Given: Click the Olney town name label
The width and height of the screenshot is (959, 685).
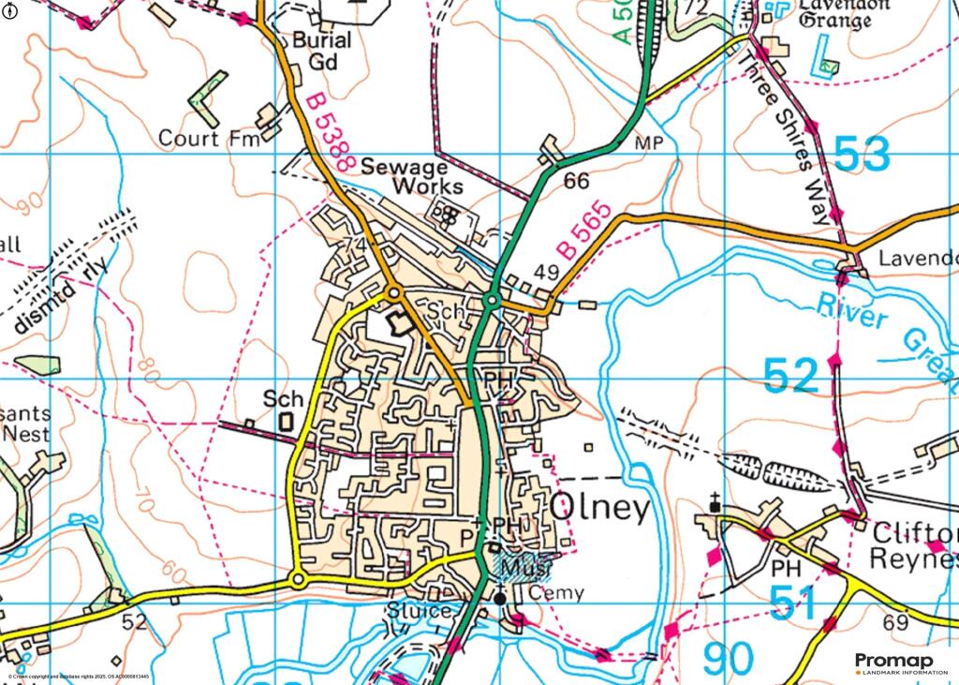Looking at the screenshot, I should tap(599, 508).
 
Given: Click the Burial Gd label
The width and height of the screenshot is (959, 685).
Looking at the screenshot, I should tap(321, 52).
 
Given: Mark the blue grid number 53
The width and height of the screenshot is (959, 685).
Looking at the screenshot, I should tap(862, 155).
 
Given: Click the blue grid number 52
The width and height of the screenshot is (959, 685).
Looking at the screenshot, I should tap(791, 376).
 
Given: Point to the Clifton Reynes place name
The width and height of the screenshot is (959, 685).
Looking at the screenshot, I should tap(914, 546).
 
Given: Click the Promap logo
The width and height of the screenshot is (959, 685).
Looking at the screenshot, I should tap(894, 663).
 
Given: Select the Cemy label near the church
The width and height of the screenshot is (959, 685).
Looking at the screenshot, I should tap(556, 593).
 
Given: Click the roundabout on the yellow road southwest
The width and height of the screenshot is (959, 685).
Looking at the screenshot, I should tap(298, 581).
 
